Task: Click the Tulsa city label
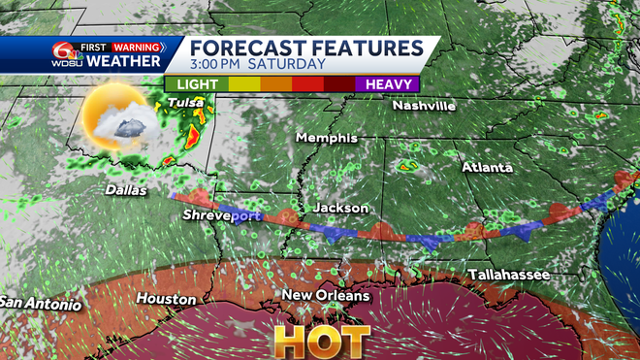click(x=185, y=102)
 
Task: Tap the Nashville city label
click(x=424, y=106)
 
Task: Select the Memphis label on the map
click(x=327, y=138)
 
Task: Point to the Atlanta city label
click(x=487, y=167)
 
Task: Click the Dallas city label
click(x=126, y=190)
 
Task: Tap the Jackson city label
click(x=340, y=208)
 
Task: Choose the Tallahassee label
click(x=509, y=276)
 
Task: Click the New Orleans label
click(x=326, y=295)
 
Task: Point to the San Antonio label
click(x=40, y=302)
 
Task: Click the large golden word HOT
click(x=321, y=341)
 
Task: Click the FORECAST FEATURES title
click(x=305, y=48)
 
